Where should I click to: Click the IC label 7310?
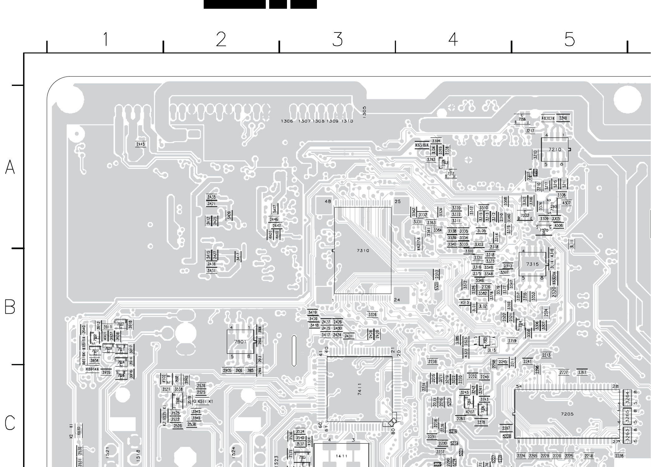(363, 251)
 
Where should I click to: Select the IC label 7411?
(360, 389)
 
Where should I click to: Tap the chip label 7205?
(567, 414)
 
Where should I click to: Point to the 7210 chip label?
(555, 150)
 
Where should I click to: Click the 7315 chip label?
(532, 264)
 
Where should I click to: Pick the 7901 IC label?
(240, 342)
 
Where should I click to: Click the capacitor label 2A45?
(140, 144)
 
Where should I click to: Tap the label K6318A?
(422, 145)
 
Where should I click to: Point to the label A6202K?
(548, 118)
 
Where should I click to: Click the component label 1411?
(342, 456)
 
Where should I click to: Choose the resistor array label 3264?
(628, 398)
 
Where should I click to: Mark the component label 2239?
(432, 362)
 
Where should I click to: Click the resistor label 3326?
(372, 315)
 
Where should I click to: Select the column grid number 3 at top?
(338, 40)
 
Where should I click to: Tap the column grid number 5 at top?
(570, 40)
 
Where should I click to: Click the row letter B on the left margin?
(10, 307)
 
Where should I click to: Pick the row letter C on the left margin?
(10, 423)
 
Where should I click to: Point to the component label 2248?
(563, 118)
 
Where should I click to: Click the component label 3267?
(582, 372)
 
